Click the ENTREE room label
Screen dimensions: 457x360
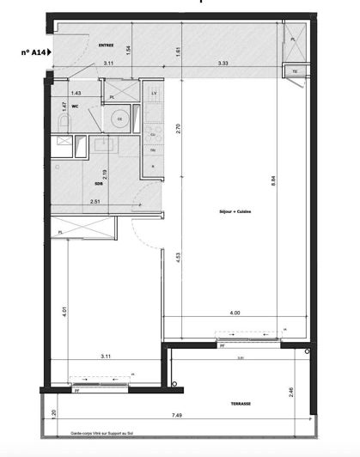107,45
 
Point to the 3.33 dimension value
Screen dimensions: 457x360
223,63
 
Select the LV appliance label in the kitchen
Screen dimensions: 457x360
154,92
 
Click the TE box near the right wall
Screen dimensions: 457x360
295,71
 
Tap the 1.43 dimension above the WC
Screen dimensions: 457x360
76,92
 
